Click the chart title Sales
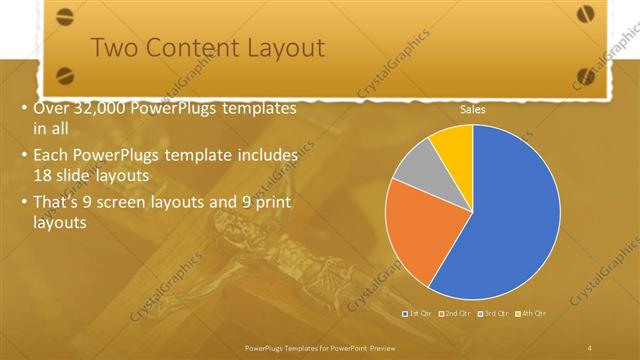pyautogui.click(x=472, y=110)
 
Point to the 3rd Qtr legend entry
pyautogui.click(x=495, y=314)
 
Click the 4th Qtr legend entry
pyautogui.click(x=532, y=314)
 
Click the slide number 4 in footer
pyautogui.click(x=589, y=347)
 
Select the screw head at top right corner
pyautogui.click(x=585, y=13)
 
